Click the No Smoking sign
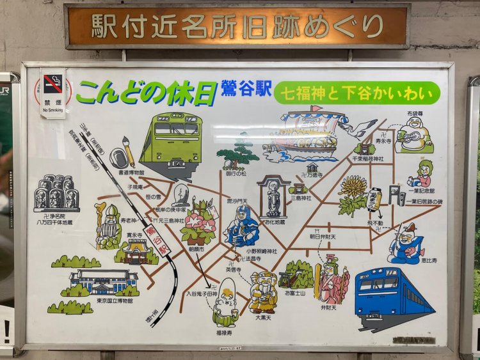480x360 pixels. pos(53,93)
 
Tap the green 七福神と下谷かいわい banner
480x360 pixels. pos(358,93)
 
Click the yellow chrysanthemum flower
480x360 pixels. pos(353,190)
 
